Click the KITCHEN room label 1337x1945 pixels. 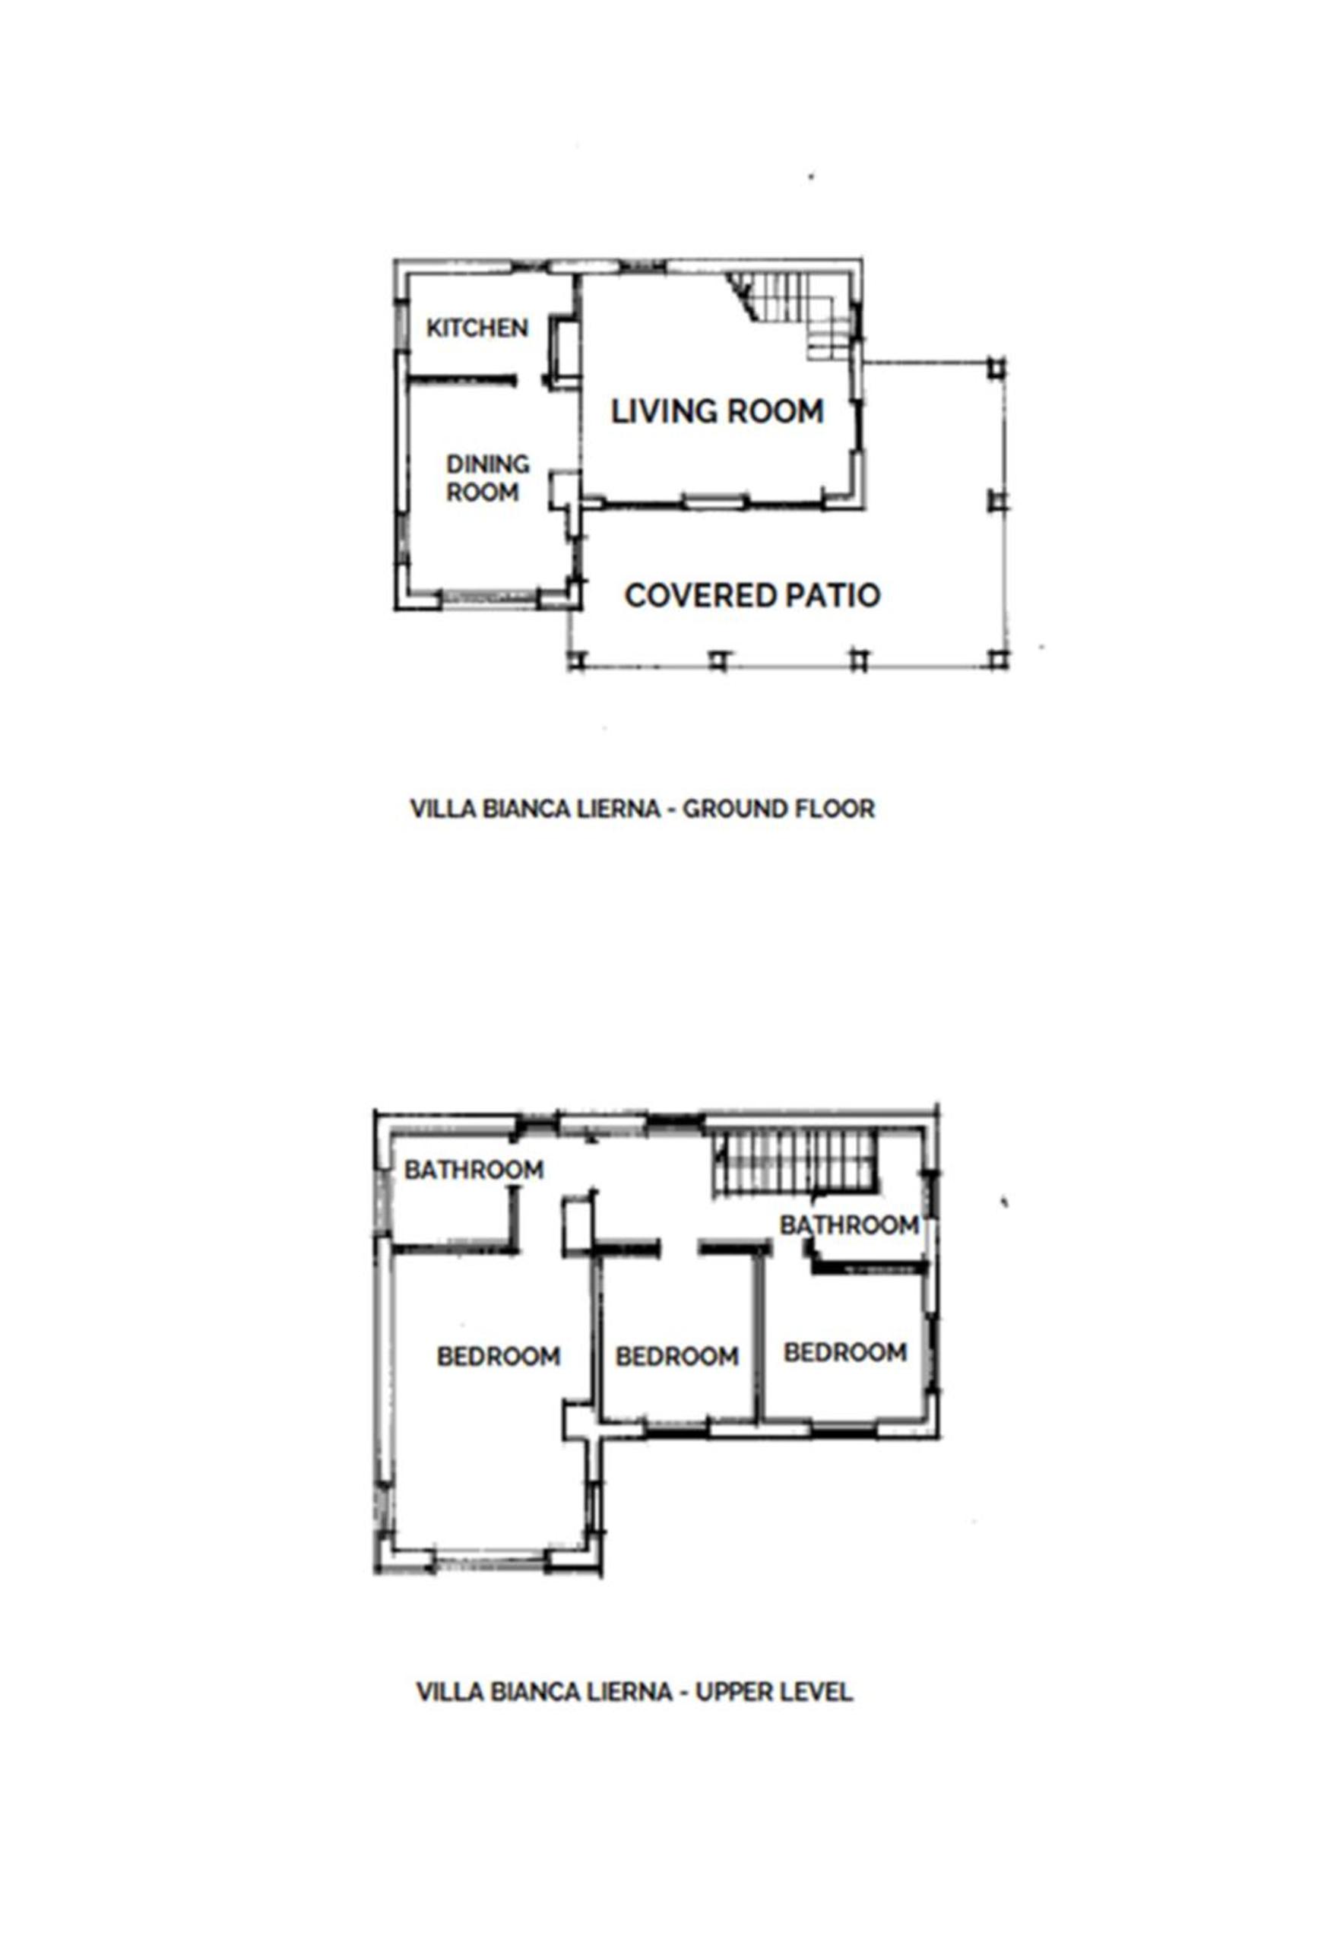point(477,328)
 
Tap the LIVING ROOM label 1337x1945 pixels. point(717,411)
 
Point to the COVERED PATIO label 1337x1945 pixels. point(752,596)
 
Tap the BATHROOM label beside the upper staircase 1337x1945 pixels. point(850,1224)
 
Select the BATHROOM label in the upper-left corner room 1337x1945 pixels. point(474,1169)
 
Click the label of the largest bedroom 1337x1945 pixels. point(499,1356)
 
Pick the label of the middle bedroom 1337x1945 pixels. point(677,1356)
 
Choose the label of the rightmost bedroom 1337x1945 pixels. point(845,1352)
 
